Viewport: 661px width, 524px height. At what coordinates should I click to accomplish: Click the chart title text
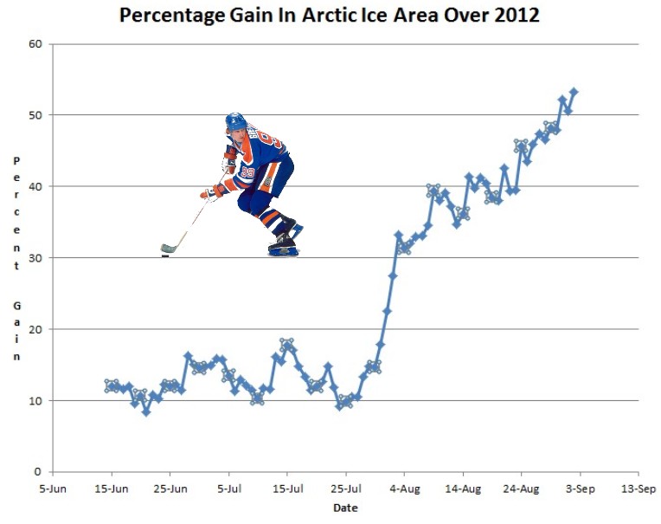click(x=330, y=16)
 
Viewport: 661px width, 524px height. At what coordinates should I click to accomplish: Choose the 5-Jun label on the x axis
click(x=53, y=488)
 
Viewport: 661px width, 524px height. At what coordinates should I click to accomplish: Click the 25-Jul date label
click(x=345, y=488)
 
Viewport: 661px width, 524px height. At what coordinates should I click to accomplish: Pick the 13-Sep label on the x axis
click(x=638, y=488)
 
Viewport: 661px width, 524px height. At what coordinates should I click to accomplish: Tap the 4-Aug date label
click(x=404, y=488)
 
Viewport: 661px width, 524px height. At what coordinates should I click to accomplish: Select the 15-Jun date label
click(x=112, y=488)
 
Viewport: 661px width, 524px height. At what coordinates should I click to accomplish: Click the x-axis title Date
click(x=345, y=508)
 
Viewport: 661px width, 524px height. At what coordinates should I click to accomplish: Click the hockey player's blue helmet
click(x=235, y=121)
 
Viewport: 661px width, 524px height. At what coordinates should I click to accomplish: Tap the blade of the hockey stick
click(x=169, y=249)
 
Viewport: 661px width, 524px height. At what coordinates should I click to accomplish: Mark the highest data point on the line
click(x=574, y=92)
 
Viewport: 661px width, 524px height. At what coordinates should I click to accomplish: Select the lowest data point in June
click(x=146, y=412)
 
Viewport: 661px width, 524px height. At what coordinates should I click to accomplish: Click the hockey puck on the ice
click(x=165, y=256)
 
